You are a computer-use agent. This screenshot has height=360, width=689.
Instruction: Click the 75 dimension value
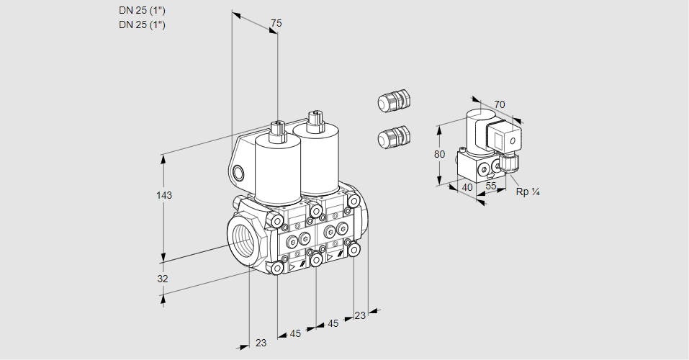[x=276, y=24]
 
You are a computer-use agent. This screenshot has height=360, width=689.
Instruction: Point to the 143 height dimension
[x=166, y=195]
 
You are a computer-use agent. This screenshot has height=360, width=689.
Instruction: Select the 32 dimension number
[x=163, y=279]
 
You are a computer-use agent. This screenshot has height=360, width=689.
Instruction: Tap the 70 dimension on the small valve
[x=500, y=104]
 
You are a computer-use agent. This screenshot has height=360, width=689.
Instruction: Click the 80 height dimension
[x=440, y=154]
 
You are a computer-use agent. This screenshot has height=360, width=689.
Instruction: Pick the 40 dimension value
[x=467, y=187]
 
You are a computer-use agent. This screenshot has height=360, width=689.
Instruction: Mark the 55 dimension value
[x=492, y=186]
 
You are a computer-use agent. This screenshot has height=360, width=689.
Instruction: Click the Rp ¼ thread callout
[x=528, y=192]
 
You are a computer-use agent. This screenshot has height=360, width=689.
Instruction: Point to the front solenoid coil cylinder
[x=278, y=170]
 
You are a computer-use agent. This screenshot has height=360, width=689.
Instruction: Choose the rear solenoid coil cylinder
[x=318, y=158]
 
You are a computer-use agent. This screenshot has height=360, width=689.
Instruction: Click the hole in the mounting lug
[x=239, y=172]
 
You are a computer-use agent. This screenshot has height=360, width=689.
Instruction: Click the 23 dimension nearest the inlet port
[x=261, y=343]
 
